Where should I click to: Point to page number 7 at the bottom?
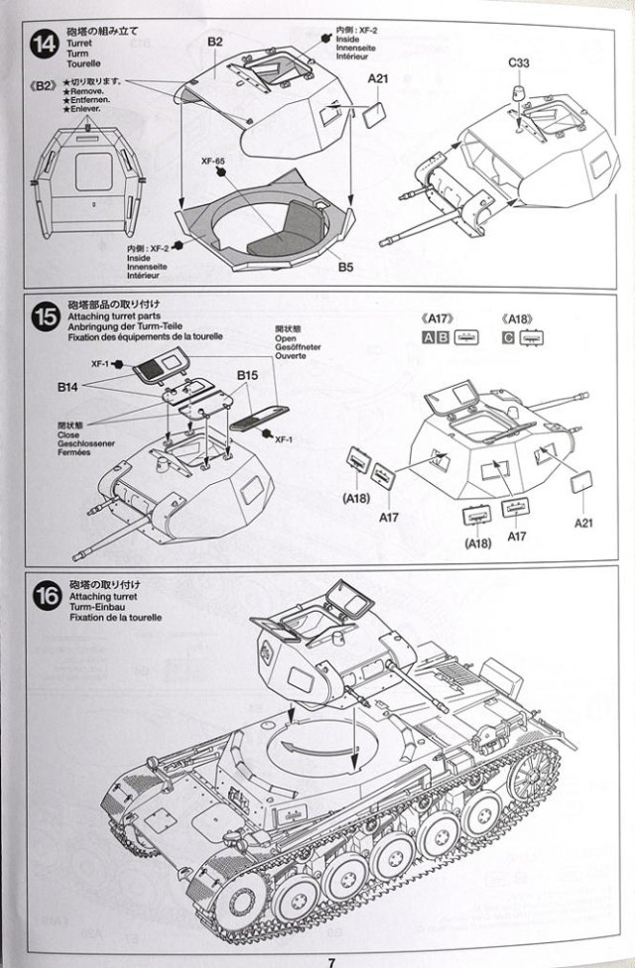330,960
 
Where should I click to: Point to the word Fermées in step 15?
73,452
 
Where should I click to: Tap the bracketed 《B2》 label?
46,85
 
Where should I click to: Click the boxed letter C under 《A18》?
508,337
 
